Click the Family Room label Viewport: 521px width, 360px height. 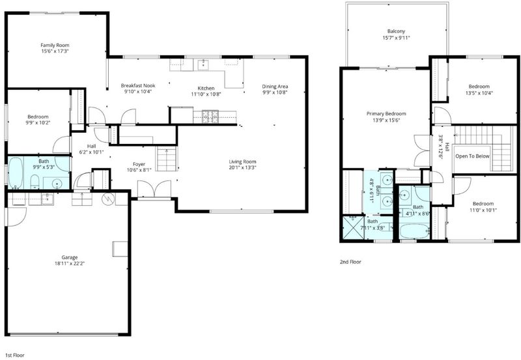click(x=55, y=45)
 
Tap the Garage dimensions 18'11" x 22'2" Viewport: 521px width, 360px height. click(x=70, y=264)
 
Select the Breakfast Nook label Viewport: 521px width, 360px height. click(x=138, y=85)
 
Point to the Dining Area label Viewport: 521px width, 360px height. click(x=275, y=87)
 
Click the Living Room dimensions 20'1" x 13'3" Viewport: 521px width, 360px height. click(x=242, y=168)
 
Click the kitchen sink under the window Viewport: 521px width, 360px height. click(x=203, y=64)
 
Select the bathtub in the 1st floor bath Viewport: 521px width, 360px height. click(x=16, y=173)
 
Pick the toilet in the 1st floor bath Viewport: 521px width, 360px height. click(x=35, y=182)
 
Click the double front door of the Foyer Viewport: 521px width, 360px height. click(x=154, y=189)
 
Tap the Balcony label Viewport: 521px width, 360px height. click(x=396, y=31)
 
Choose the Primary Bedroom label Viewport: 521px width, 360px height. click(x=386, y=113)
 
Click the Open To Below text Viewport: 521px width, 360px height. click(x=472, y=156)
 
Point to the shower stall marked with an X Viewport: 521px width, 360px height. click(x=353, y=227)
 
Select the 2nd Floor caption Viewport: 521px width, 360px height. click(x=350, y=262)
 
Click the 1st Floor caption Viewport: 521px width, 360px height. click(x=14, y=355)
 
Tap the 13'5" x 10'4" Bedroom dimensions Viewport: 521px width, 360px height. click(x=479, y=93)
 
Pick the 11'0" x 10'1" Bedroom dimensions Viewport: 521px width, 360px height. click(x=483, y=210)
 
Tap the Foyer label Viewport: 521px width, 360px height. click(x=139, y=164)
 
